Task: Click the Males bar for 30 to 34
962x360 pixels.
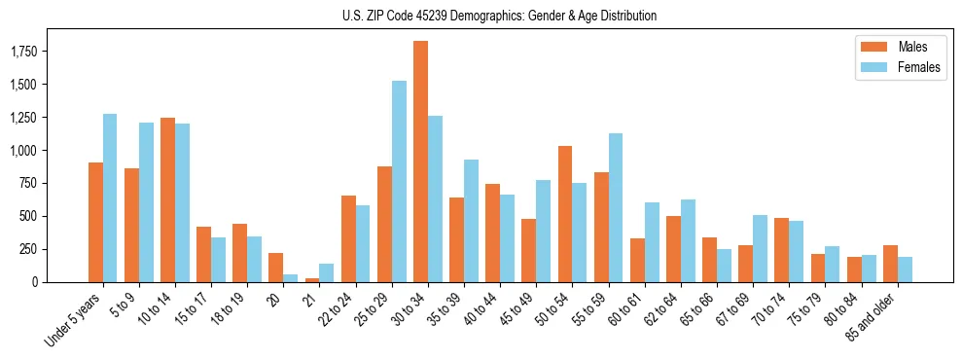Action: tap(420, 162)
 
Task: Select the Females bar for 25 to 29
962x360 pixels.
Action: tap(399, 181)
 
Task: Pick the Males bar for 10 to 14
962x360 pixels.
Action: tap(167, 199)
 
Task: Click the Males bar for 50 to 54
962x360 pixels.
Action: tap(565, 214)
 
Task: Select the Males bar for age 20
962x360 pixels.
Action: tap(276, 268)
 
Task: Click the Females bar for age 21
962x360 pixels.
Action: tap(327, 272)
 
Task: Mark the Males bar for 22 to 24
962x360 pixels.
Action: tap(348, 238)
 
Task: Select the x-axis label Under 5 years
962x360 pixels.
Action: tap(73, 319)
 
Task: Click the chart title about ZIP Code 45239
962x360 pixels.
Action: tap(499, 16)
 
